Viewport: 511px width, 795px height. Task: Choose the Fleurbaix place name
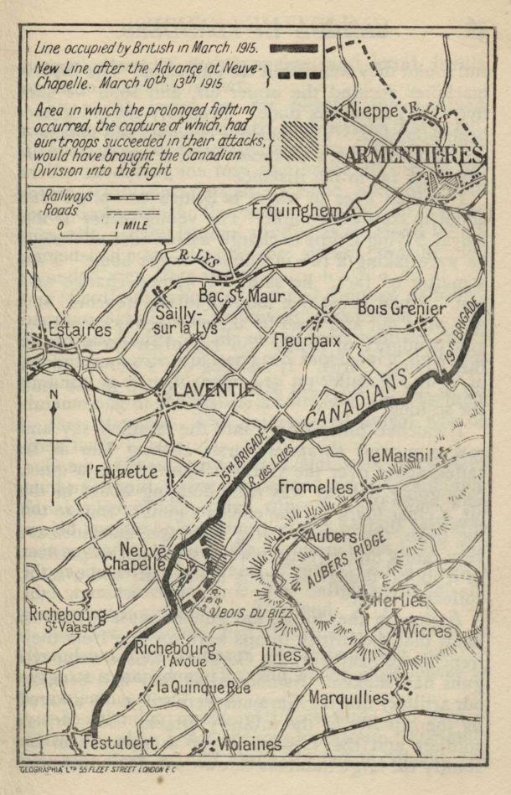tap(309, 341)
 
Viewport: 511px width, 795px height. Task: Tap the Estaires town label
tap(80, 329)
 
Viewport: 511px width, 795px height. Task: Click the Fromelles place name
tap(315, 486)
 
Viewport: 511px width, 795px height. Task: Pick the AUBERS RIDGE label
tap(346, 559)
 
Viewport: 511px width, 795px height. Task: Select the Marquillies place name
tap(349, 697)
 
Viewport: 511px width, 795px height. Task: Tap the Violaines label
tap(250, 743)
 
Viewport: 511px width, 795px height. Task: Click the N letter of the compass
tap(54, 394)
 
